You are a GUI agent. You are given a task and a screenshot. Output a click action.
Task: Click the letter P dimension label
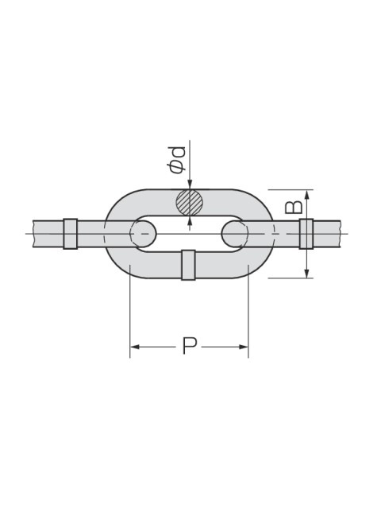click(189, 346)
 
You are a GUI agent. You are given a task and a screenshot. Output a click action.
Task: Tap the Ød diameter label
click(177, 159)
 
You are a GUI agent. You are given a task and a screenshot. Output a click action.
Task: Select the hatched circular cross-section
click(190, 202)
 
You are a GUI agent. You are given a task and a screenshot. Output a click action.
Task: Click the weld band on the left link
click(71, 234)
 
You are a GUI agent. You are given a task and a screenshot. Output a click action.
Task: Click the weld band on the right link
click(306, 234)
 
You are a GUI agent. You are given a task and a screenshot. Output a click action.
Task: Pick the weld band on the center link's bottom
click(188, 265)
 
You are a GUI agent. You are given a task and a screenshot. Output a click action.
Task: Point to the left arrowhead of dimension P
click(134, 347)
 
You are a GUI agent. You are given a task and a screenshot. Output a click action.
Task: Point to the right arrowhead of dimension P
click(244, 347)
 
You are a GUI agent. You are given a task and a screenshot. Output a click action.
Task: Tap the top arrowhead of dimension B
click(307, 194)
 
